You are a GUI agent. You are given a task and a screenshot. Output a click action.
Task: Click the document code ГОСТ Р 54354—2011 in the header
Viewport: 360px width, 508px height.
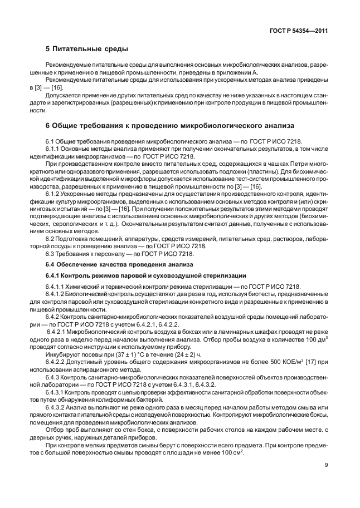(298, 31)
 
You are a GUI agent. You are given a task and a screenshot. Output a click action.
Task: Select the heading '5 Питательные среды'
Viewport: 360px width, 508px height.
(86, 50)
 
